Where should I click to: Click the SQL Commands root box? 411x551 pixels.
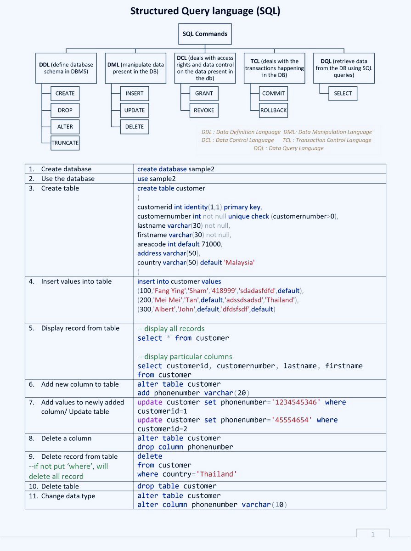(205, 34)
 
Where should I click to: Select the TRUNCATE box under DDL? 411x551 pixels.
(65, 143)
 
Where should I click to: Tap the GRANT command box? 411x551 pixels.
(204, 93)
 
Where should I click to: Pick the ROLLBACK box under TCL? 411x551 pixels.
(273, 110)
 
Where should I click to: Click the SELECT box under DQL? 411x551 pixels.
(343, 93)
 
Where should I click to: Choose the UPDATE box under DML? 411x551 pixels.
(134, 110)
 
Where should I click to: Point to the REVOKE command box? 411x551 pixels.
(204, 110)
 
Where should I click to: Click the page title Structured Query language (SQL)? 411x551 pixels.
(205, 11)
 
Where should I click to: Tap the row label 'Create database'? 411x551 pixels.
(66, 169)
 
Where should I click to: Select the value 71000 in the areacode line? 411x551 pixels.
(211, 244)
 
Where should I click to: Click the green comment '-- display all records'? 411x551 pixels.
(171, 329)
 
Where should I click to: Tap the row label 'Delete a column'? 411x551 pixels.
(66, 439)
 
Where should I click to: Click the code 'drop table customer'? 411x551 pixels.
(177, 486)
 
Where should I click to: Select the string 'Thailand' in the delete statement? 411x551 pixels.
(217, 474)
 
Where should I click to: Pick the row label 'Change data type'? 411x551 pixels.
(68, 496)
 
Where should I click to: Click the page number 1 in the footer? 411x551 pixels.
(373, 534)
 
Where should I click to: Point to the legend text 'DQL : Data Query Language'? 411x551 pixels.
(288, 148)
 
